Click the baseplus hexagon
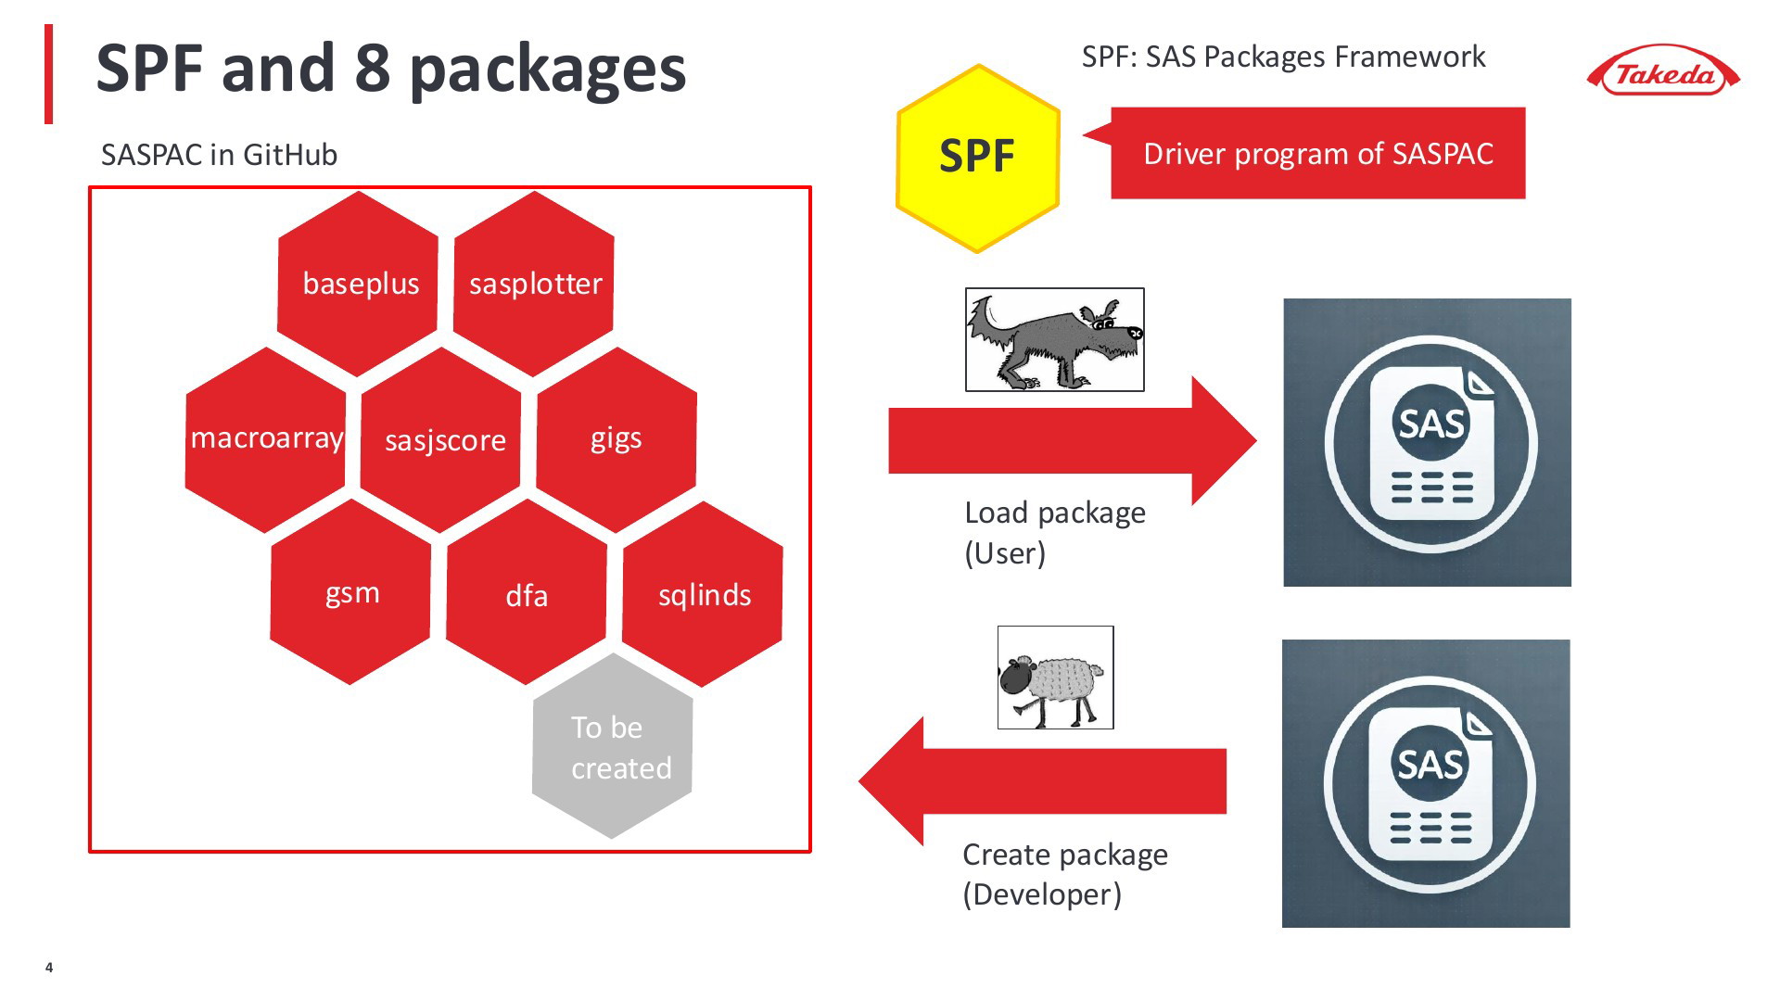(358, 284)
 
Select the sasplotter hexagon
(534, 284)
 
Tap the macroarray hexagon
(266, 439)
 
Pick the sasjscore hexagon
(441, 439)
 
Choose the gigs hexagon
(617, 439)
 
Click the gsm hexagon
(350, 592)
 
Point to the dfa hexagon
(527, 592)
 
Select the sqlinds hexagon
(703, 594)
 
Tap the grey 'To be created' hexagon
(613, 746)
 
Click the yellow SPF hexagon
(978, 158)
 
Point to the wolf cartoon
(1055, 339)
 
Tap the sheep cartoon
(1055, 678)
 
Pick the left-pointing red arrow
(1042, 781)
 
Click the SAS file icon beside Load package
(1427, 442)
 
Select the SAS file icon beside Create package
(1426, 783)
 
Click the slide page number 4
(49, 968)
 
